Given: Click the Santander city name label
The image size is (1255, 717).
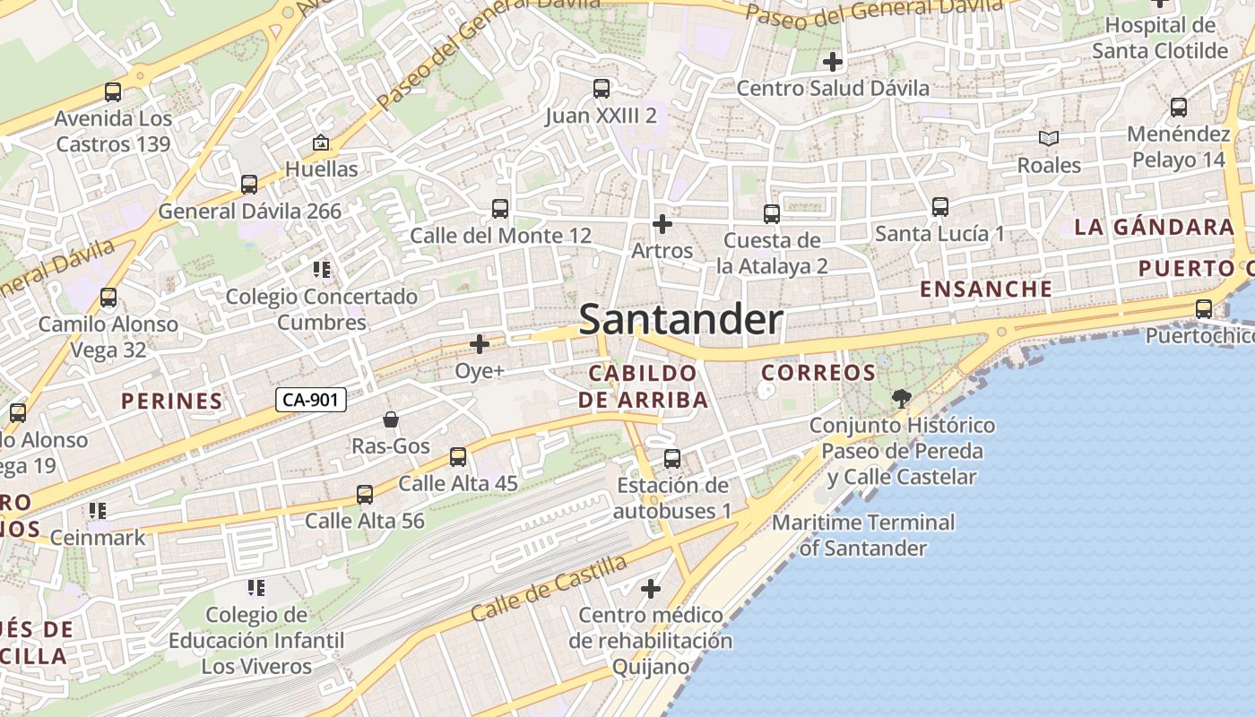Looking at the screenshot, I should (681, 320).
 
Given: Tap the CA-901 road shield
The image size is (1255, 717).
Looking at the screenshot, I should (310, 400).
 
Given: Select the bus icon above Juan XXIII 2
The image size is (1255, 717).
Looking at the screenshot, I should (602, 89).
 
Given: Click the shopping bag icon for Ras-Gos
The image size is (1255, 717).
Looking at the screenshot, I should (391, 419).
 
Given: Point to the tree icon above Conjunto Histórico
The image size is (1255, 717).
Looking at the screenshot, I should (902, 398).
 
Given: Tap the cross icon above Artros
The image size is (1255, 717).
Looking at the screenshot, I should (662, 223).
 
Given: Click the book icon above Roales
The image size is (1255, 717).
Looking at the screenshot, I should (1049, 139).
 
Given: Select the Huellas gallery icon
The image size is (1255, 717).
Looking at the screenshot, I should (320, 143).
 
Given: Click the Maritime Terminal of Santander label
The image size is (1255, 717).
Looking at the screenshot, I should (864, 535).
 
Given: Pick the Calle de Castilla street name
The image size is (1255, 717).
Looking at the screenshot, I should (549, 589).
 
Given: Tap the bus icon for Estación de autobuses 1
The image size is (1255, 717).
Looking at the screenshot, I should (672, 459).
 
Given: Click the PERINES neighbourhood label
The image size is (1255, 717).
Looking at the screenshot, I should (172, 401).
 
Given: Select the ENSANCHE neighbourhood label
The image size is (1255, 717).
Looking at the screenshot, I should (986, 289).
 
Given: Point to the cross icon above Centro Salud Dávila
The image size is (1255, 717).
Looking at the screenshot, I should (833, 62).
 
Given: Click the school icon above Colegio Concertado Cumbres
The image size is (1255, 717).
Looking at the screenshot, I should (322, 270).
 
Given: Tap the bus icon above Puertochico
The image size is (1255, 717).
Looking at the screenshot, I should (1204, 309).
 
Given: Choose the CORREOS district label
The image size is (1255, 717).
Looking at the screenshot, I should (818, 373).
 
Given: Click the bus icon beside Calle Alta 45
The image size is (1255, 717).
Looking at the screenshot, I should (458, 457).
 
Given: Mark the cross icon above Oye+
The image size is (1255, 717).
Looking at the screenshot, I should (480, 344).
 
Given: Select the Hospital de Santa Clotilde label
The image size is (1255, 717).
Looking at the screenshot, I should (1159, 38).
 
